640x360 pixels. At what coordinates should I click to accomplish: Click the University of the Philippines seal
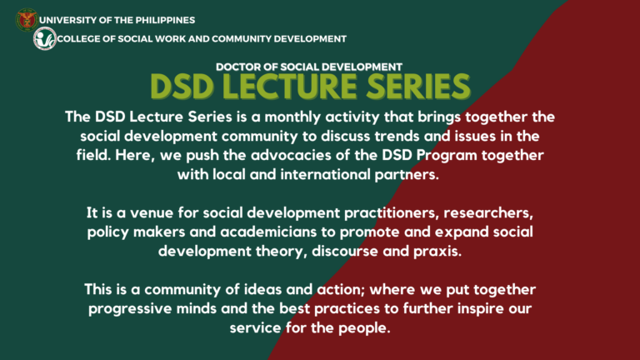pyautogui.click(x=27, y=18)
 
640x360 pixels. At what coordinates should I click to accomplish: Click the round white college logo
pyautogui.click(x=44, y=38)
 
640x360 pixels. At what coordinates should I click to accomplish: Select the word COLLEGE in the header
pyautogui.click(x=82, y=39)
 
